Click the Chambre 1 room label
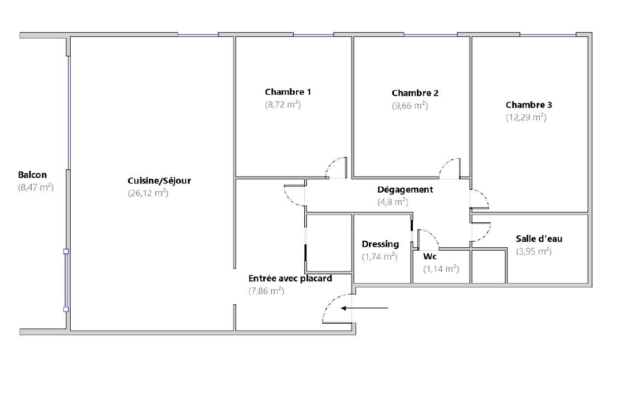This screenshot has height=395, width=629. [x=287, y=92]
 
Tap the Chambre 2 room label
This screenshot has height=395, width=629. [x=415, y=93]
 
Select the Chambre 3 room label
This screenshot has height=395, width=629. [x=529, y=105]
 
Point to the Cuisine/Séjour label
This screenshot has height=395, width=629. [x=159, y=181]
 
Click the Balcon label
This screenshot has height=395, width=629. [x=32, y=175]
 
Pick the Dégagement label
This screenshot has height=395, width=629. [x=405, y=189]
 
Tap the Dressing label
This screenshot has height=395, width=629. [x=381, y=244]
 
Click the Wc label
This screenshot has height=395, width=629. [x=430, y=257]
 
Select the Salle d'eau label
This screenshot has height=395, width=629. [x=539, y=238]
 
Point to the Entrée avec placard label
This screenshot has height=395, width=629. [x=290, y=279]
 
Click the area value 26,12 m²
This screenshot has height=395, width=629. [x=148, y=193]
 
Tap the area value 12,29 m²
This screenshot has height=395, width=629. [x=526, y=118]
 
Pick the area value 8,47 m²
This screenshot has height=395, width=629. [x=36, y=187]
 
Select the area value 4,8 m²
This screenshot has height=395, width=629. [x=393, y=202]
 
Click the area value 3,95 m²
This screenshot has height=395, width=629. [x=534, y=251]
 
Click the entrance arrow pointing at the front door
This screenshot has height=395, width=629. [x=365, y=308]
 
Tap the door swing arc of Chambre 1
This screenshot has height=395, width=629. [x=331, y=164]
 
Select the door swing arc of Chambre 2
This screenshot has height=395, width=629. [x=445, y=164]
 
